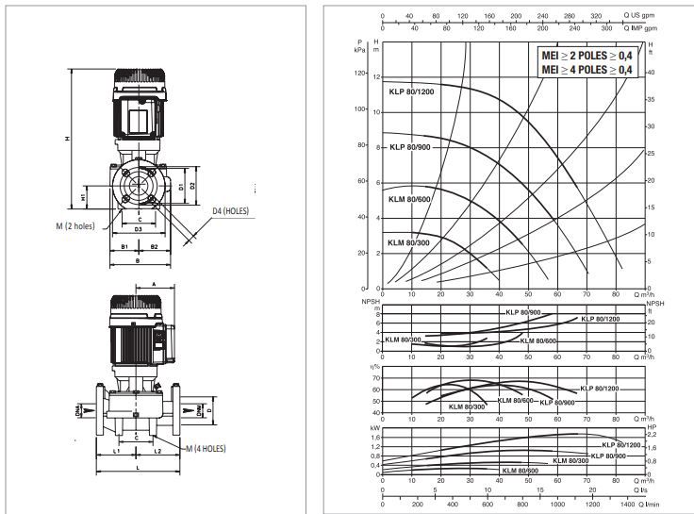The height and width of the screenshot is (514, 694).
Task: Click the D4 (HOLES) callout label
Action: (230, 210)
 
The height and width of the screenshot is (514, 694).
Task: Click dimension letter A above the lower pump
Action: (152, 283)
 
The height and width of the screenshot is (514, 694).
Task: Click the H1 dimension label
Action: (84, 198)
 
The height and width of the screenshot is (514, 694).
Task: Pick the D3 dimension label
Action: (138, 227)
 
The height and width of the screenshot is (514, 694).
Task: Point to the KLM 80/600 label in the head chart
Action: (408, 199)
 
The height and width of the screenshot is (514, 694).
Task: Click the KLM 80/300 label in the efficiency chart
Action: (467, 406)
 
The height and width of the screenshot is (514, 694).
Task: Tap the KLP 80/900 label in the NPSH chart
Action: (520, 312)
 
